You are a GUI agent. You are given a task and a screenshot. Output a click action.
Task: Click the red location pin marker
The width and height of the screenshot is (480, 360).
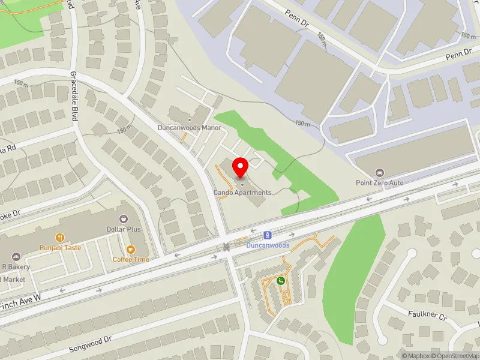click(241, 167)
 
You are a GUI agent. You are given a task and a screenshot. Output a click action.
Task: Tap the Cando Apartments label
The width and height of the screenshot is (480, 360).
click(242, 193)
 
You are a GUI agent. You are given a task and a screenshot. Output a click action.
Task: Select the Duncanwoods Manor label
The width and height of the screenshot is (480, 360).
click(190, 127)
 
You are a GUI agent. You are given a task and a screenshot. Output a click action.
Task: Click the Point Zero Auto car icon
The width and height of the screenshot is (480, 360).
click(379, 173)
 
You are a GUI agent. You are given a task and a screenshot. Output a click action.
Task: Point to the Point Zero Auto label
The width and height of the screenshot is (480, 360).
click(379, 182)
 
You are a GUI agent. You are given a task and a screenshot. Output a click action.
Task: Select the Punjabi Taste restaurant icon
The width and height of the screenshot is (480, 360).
click(60, 238)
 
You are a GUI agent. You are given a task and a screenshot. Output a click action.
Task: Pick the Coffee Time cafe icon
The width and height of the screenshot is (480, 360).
click(131, 250)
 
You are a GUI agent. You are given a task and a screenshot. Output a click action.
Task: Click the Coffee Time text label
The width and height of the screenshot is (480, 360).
click(131, 259)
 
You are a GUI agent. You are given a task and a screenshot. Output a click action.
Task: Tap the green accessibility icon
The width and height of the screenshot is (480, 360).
click(280, 280)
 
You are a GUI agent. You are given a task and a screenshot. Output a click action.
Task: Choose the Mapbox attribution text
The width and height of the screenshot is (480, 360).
click(415, 355)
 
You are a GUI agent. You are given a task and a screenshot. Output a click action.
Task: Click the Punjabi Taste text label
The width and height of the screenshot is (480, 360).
click(60, 247)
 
